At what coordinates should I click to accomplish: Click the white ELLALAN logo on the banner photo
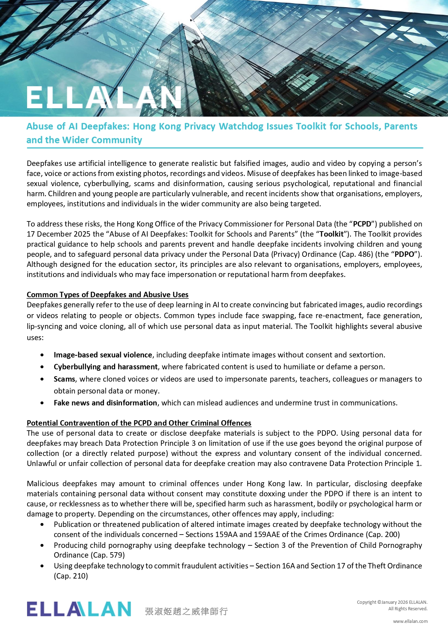pyautogui.click(x=104, y=97)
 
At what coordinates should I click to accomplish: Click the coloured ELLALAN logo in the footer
pyautogui.click(x=79, y=609)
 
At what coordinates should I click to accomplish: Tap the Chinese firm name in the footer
pyautogui.click(x=186, y=611)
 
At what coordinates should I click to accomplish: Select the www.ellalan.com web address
pyautogui.click(x=410, y=621)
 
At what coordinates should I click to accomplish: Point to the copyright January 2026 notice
pyautogui.click(x=392, y=602)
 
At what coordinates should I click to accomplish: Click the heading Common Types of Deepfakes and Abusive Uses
pyautogui.click(x=108, y=295)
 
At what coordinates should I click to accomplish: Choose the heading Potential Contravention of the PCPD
pyautogui.click(x=139, y=423)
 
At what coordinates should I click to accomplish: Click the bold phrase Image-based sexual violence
pyautogui.click(x=103, y=355)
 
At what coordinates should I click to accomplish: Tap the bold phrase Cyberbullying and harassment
pyautogui.click(x=106, y=367)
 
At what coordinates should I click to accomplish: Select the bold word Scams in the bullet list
pyautogui.click(x=64, y=379)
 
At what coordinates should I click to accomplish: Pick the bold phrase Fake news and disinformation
pyautogui.click(x=105, y=403)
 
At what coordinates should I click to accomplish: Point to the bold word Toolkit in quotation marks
pyautogui.click(x=331, y=234)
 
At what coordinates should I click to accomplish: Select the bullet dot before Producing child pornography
pyautogui.click(x=43, y=546)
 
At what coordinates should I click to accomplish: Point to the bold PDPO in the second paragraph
pyautogui.click(x=404, y=254)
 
